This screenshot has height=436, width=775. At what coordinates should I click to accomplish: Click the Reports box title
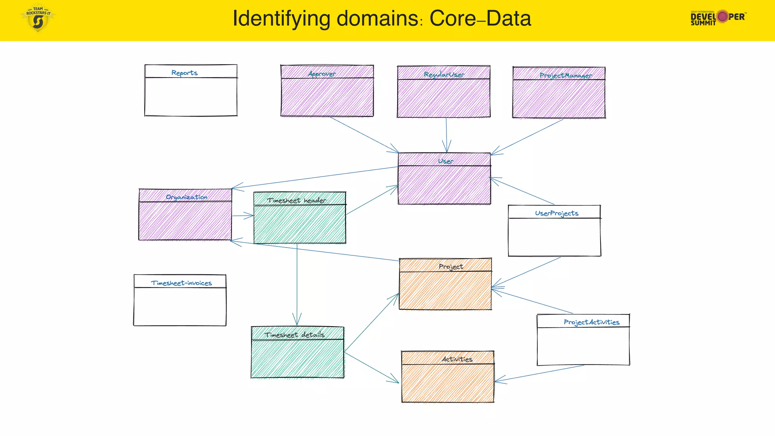point(184,73)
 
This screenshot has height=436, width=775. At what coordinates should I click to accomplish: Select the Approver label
point(322,74)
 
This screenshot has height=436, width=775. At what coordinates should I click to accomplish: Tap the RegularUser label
point(444,75)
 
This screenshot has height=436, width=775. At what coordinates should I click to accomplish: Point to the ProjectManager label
point(566,76)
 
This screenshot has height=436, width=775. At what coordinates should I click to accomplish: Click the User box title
point(445,161)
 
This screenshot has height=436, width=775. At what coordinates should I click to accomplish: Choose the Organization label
point(187,197)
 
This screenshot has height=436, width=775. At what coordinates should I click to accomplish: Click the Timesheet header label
point(297,201)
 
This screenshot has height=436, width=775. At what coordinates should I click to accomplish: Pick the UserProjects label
point(556,213)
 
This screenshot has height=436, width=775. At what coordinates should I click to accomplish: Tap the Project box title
point(451,267)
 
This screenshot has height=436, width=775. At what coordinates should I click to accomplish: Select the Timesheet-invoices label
point(181,283)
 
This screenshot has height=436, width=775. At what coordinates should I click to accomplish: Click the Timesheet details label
point(294,335)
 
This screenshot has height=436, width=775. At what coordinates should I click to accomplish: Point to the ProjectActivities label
point(591,322)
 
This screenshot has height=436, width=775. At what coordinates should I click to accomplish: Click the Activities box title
point(457,359)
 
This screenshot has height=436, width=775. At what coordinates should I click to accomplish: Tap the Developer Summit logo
point(717,17)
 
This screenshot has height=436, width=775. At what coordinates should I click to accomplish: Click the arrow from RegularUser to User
point(447,134)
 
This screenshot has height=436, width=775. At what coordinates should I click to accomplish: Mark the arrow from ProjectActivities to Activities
point(539,373)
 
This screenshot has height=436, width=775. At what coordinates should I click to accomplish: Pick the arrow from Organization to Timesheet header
point(242,216)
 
